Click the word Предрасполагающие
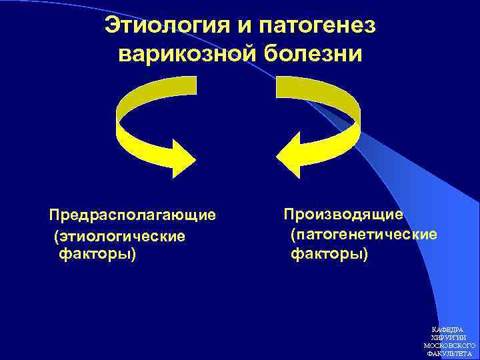[x=133, y=215]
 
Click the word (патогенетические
[x=364, y=235]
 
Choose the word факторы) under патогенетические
[x=329, y=254]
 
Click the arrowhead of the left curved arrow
[x=182, y=157]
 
